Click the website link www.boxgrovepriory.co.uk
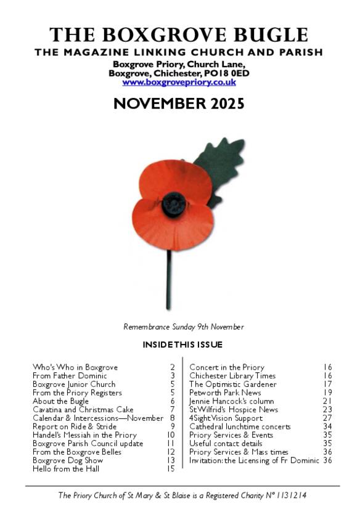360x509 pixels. pos(179,82)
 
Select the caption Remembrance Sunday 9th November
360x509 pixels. pos(184,327)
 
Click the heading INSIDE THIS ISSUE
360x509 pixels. pos(182,344)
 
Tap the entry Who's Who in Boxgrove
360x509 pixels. pos(75,367)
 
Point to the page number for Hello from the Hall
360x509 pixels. pos(171,469)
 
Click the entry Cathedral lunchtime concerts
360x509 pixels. pos(240,426)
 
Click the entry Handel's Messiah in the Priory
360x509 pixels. pos(85,435)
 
